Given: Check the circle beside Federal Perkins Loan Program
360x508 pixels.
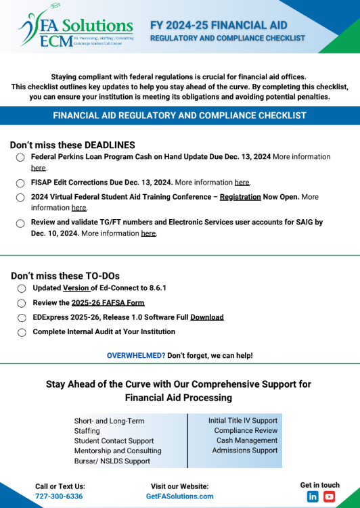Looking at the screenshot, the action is (x=20, y=157).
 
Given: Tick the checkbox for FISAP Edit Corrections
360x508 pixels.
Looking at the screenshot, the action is (x=20, y=183).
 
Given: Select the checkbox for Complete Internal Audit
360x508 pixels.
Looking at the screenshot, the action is (x=20, y=332).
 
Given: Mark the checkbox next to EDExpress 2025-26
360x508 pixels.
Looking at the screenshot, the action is (x=20, y=317).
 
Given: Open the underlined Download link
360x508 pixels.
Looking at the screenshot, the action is (x=206, y=317).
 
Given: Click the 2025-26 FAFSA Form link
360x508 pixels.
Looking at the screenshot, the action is (x=108, y=302).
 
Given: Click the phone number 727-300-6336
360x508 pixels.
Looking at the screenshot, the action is (x=59, y=496).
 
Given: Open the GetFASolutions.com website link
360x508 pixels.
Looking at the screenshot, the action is (x=179, y=496).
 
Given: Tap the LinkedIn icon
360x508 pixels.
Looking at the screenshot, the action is (x=313, y=497).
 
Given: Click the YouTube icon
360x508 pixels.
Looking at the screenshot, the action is (x=329, y=497).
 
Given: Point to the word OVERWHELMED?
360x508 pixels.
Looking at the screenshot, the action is (x=136, y=355).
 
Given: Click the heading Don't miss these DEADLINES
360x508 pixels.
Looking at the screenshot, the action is (x=72, y=145).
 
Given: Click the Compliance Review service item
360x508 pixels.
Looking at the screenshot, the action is (x=246, y=430).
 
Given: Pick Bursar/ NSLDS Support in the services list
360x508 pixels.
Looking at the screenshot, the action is (x=112, y=461).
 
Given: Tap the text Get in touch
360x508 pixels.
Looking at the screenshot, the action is (x=320, y=484).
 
